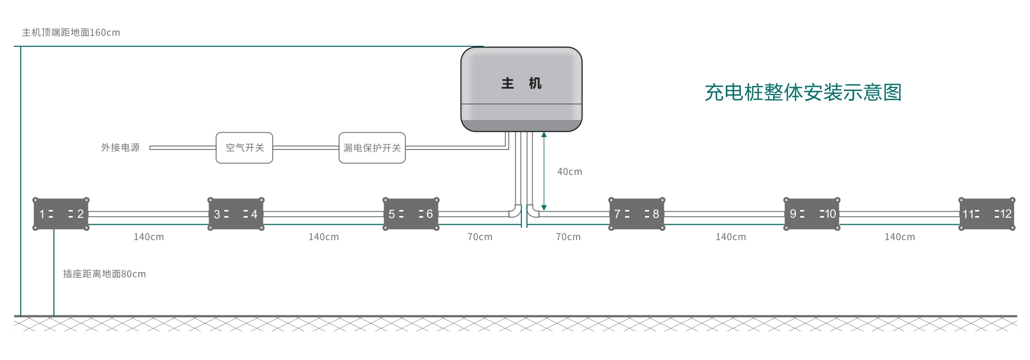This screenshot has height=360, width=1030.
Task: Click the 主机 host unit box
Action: click(x=521, y=89)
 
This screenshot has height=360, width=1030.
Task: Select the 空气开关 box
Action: click(x=244, y=147)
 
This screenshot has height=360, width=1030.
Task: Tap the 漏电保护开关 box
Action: click(x=372, y=147)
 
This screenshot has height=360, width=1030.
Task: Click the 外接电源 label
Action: click(x=120, y=147)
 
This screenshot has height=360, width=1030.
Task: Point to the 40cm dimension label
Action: click(x=569, y=172)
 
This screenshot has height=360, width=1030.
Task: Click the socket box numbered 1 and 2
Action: click(x=61, y=214)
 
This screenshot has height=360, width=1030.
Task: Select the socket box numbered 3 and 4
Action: click(x=236, y=214)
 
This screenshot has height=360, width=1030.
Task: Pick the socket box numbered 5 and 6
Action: click(x=411, y=214)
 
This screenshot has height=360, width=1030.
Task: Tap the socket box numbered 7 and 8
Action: click(x=637, y=214)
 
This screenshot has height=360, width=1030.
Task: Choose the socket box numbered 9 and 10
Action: click(x=812, y=214)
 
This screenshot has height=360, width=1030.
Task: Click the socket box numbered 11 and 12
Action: click(x=987, y=214)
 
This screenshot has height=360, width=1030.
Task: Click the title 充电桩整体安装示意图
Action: click(x=803, y=93)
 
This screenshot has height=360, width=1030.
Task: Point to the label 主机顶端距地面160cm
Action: click(x=71, y=33)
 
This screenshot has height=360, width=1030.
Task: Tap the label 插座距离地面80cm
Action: click(x=104, y=274)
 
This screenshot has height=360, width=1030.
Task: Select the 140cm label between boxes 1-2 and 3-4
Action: click(x=149, y=237)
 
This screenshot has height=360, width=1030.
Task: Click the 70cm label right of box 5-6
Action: click(x=480, y=237)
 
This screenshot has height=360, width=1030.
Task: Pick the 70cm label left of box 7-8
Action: click(x=568, y=237)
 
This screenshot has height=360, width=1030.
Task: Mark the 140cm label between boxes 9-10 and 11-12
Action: click(x=899, y=237)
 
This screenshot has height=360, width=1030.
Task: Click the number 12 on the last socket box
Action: click(x=1006, y=214)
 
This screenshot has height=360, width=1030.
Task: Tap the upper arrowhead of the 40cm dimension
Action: click(x=544, y=135)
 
